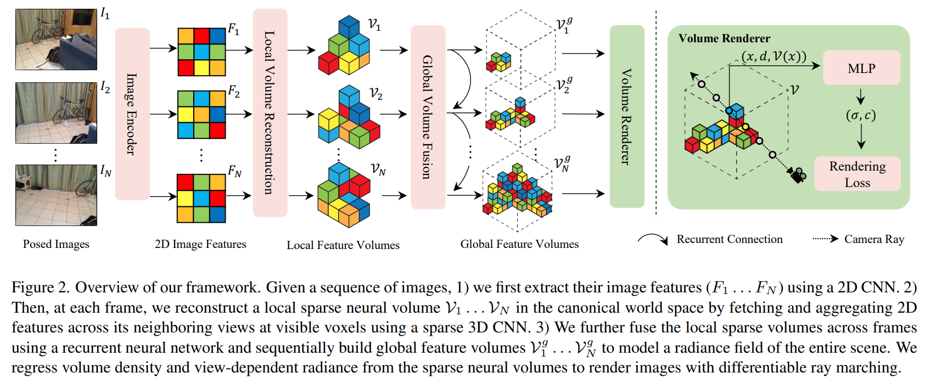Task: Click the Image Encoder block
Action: pyautogui.click(x=132, y=114)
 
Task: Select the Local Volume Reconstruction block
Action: pyautogui.click(x=270, y=112)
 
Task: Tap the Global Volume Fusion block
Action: pyautogui.click(x=428, y=116)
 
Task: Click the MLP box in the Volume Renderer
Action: pyautogui.click(x=861, y=68)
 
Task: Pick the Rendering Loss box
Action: pyautogui.click(x=857, y=174)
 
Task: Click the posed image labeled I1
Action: pyautogui.click(x=56, y=39)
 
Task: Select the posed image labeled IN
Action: pyautogui.click(x=56, y=195)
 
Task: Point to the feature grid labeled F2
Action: pyautogui.click(x=201, y=114)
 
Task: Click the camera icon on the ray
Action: pyautogui.click(x=798, y=175)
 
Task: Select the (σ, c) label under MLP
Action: pyautogui.click(x=860, y=115)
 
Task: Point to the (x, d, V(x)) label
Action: pyautogui.click(x=773, y=56)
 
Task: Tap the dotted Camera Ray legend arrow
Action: pyautogui.click(x=825, y=239)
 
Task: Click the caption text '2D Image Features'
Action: pyautogui.click(x=200, y=244)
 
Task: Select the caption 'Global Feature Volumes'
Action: pyautogui.click(x=519, y=244)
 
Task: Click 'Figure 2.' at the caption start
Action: pyautogui.click(x=41, y=287)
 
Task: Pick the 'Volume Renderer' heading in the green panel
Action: pyautogui.click(x=724, y=38)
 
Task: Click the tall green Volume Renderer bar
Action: pyautogui.click(x=626, y=116)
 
